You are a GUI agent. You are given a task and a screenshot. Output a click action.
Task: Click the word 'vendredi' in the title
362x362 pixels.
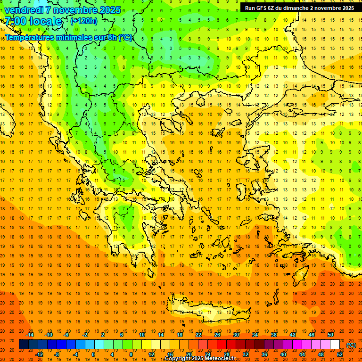pyautogui.click(x=24, y=10)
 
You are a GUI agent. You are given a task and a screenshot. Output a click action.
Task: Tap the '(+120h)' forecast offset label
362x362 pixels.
pyautogui.click(x=84, y=21)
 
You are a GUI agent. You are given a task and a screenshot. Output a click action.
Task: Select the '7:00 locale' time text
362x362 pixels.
pyautogui.click(x=33, y=21)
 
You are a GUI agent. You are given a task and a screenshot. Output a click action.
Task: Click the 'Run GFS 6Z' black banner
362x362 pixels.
pyautogui.click(x=300, y=8)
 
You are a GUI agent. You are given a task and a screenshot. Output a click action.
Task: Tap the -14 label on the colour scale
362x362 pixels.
pyautogui.click(x=30, y=335)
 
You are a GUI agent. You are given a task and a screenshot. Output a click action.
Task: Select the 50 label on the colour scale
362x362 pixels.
pyautogui.click(x=330, y=335)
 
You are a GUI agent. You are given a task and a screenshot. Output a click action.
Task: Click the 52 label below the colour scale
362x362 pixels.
pyautogui.click(x=340, y=354)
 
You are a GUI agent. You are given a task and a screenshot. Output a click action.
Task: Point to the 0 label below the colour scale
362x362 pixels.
pyautogui.click(x=93, y=354)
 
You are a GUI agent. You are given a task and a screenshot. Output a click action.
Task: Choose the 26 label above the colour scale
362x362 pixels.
pyautogui.click(x=217, y=335)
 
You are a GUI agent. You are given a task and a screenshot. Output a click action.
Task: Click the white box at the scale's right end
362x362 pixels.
pyautogui.click(x=335, y=345)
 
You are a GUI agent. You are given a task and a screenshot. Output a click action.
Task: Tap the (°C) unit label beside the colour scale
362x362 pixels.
pyautogui.click(x=351, y=345)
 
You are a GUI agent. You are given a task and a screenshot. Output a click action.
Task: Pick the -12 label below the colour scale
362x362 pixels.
pyautogui.click(x=40, y=354)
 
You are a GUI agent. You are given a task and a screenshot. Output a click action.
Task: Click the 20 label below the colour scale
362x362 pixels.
pyautogui.click(x=189, y=354)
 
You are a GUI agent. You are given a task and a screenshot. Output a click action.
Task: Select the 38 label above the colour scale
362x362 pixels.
pyautogui.click(x=274, y=335)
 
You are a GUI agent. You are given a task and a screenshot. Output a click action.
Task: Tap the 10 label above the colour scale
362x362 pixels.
pyautogui.click(x=142, y=335)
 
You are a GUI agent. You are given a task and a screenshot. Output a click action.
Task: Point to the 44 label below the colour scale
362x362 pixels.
pyautogui.click(x=302, y=354)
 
